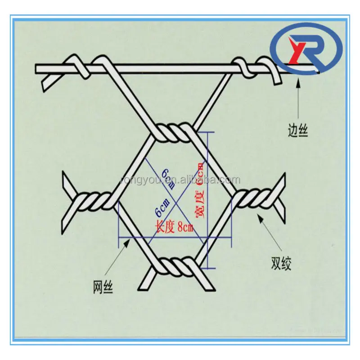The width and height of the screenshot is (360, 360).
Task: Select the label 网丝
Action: point(103,287)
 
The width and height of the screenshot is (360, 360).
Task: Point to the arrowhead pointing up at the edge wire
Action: point(297,80)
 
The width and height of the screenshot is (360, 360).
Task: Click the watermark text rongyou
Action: point(180,180)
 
